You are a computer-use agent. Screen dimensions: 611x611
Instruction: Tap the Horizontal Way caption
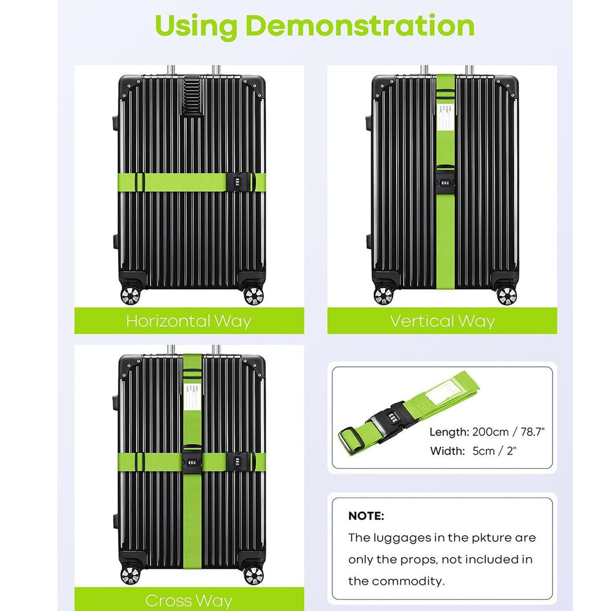(x=189, y=321)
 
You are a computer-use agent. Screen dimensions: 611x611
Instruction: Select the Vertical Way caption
(x=442, y=321)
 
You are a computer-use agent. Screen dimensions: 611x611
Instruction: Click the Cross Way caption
(x=189, y=600)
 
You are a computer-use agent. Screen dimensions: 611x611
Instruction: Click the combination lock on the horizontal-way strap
(x=237, y=181)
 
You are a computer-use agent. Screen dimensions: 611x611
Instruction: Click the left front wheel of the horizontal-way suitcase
(x=129, y=295)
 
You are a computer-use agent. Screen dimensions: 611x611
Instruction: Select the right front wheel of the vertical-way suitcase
(x=506, y=295)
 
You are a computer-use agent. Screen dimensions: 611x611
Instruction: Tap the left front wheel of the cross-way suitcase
(x=129, y=575)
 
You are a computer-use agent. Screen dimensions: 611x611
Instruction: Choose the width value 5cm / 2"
(x=495, y=450)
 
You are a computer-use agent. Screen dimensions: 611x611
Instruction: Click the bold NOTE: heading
(x=366, y=516)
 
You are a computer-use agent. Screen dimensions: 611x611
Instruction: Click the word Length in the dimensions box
(x=449, y=432)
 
